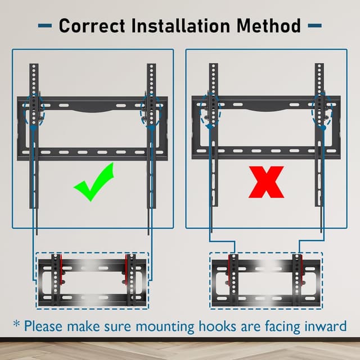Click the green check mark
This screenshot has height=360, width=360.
click(x=94, y=182)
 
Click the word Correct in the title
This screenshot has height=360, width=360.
click(x=94, y=25)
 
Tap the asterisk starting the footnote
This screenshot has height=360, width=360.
click(x=16, y=325)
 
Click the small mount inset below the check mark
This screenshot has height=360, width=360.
click(x=93, y=280)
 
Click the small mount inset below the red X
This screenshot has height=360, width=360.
click(x=266, y=280)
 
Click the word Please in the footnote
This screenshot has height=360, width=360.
click(x=46, y=326)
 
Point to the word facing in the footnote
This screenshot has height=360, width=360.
click(x=277, y=326)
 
